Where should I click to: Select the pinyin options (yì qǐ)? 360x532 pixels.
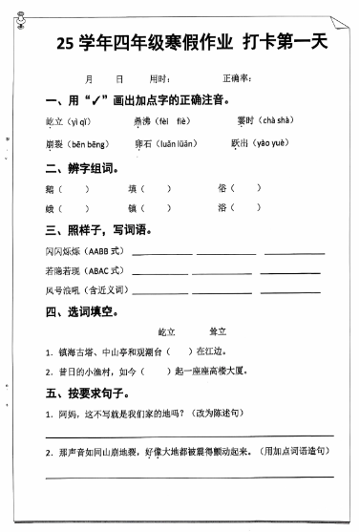point(79,122)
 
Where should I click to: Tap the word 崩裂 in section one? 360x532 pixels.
point(53,144)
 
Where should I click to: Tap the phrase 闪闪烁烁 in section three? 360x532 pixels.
point(59,252)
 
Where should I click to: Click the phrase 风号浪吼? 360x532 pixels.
point(59,289)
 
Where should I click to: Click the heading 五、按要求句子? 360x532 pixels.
point(86,392)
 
